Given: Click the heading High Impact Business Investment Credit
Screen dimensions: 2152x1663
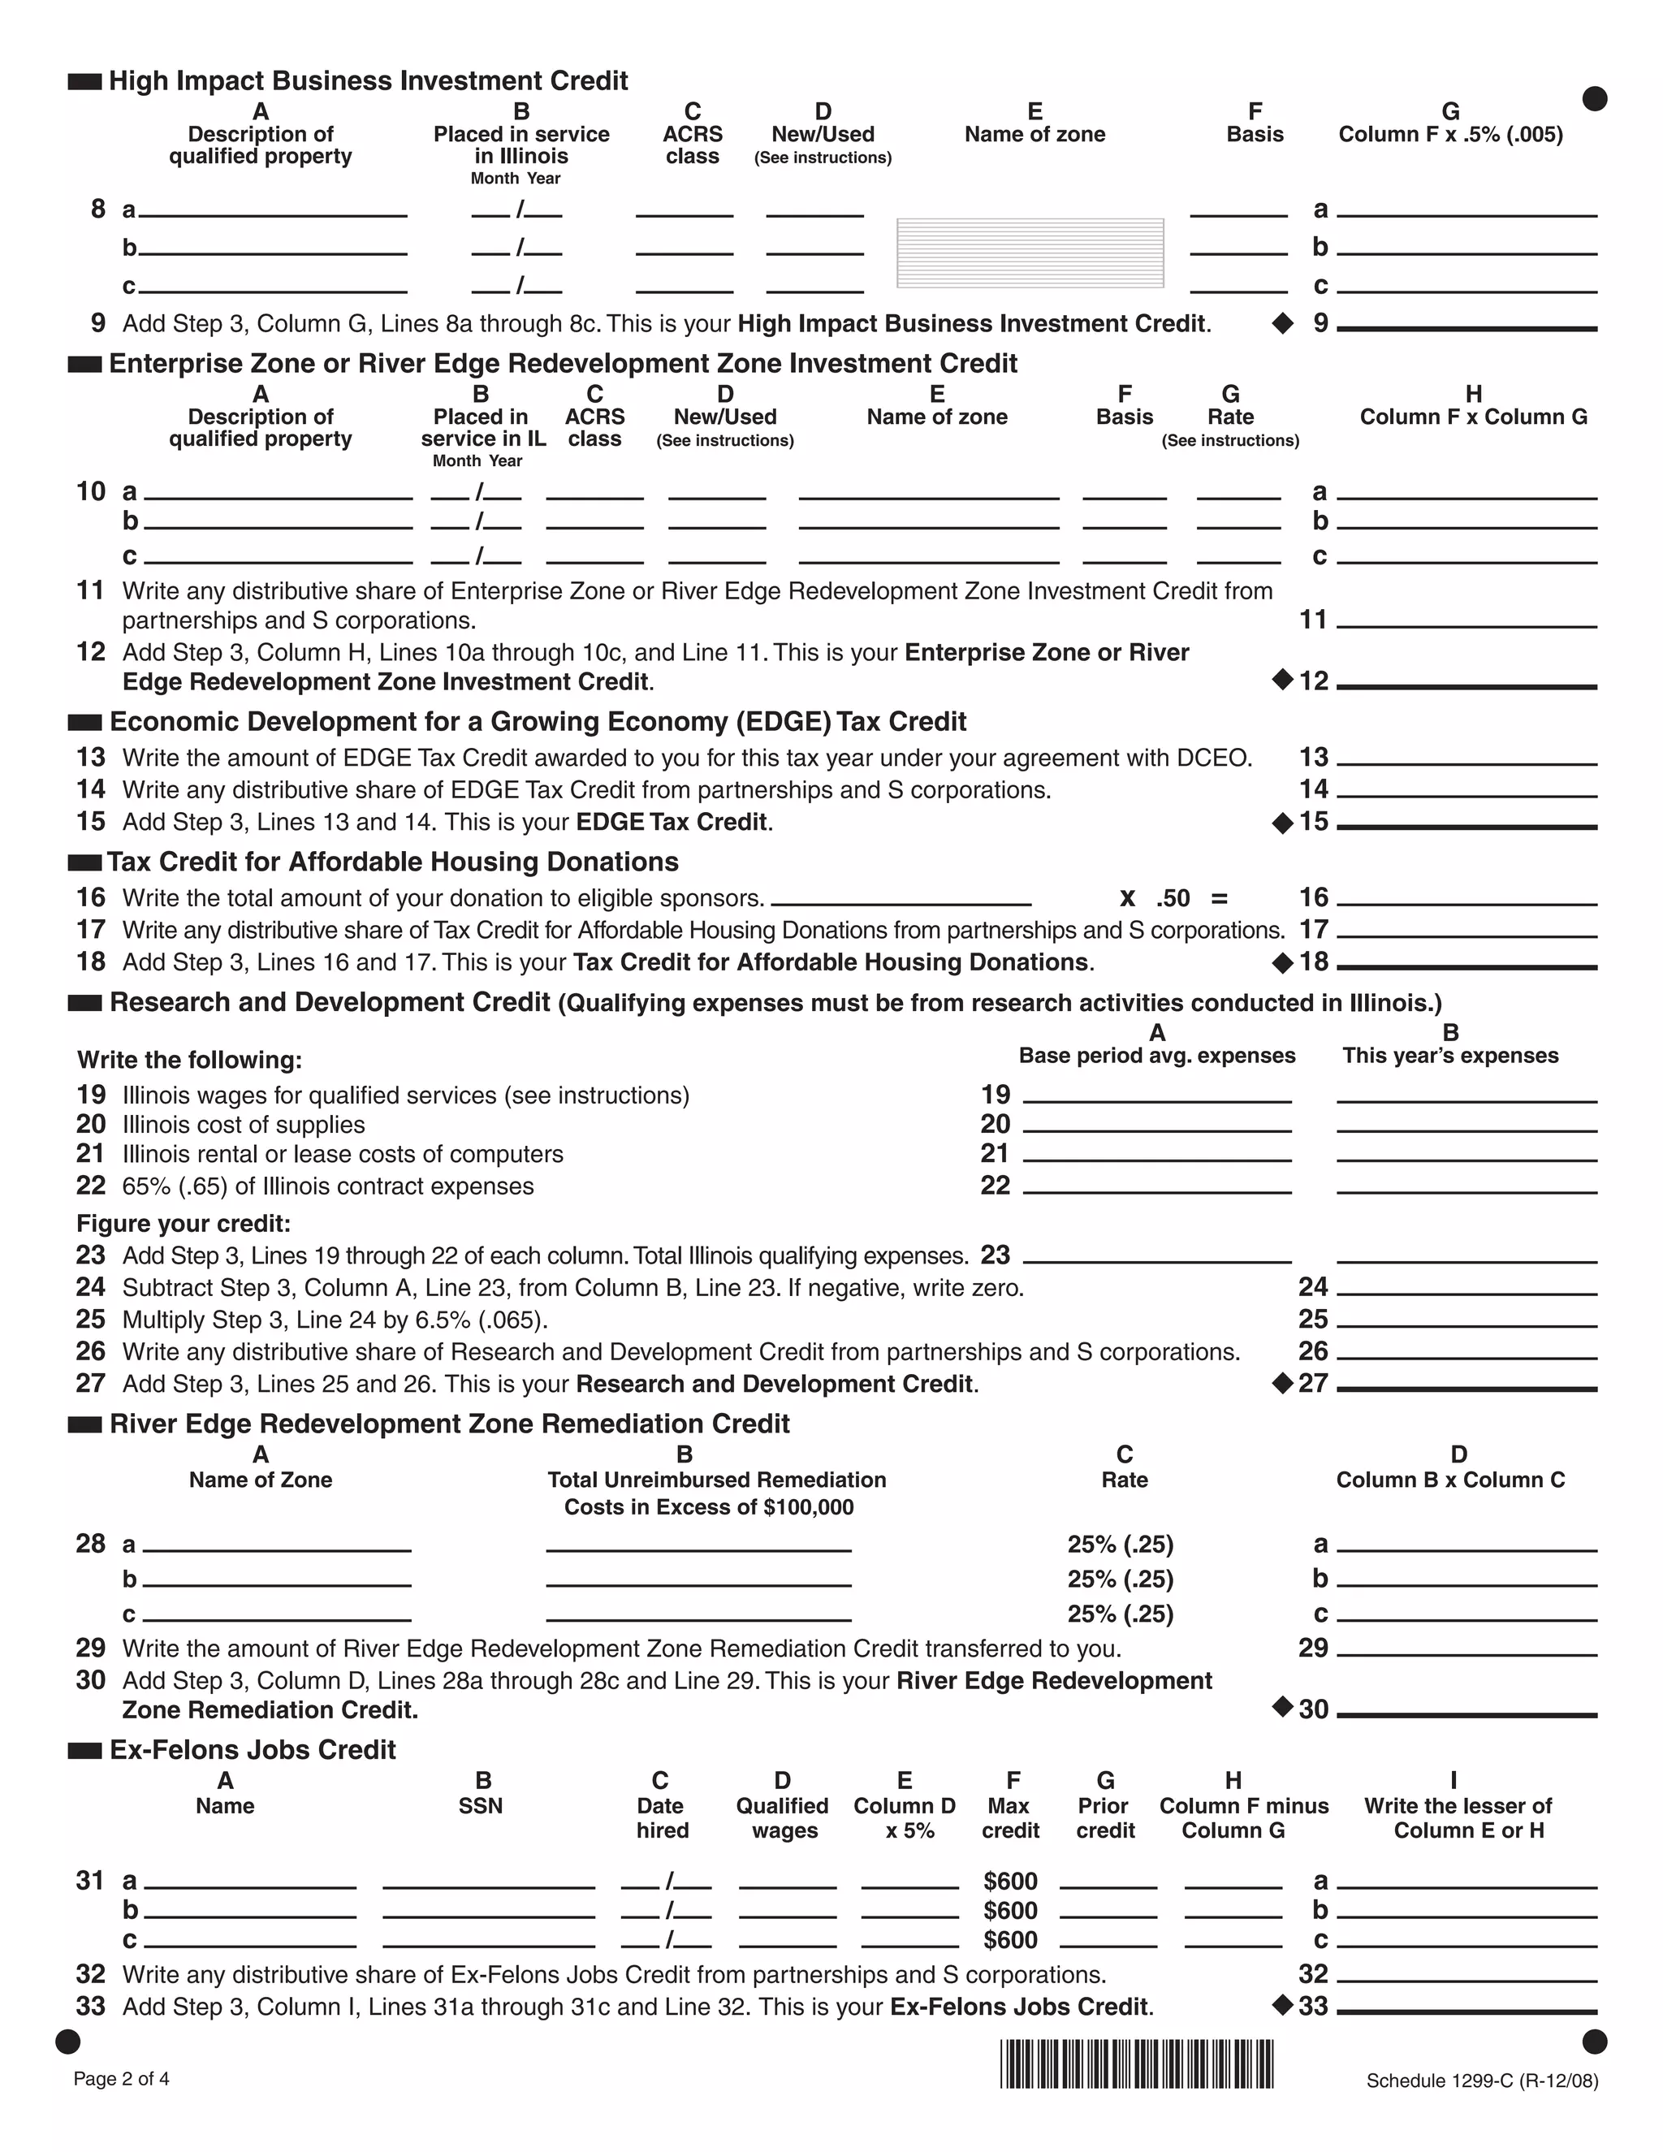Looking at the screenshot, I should [368, 80].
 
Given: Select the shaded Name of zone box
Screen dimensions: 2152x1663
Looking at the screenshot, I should [1030, 253].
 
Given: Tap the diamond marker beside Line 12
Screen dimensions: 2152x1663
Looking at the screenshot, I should [1281, 679].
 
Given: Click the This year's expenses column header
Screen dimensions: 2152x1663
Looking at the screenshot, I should [1449, 1056].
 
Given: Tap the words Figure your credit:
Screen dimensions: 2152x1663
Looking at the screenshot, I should [184, 1223].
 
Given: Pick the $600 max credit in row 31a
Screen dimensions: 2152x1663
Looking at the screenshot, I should [1010, 1881].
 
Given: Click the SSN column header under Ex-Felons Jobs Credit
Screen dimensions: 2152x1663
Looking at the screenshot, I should [481, 1805].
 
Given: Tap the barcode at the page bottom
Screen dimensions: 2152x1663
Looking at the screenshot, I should [1136, 2064].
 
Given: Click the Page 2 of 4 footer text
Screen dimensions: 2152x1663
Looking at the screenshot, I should [121, 2079].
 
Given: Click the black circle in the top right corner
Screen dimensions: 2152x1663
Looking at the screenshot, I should [1594, 98].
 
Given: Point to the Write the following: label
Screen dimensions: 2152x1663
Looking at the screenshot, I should [189, 1061].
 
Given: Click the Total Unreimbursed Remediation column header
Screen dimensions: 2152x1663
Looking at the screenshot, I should [716, 1480].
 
